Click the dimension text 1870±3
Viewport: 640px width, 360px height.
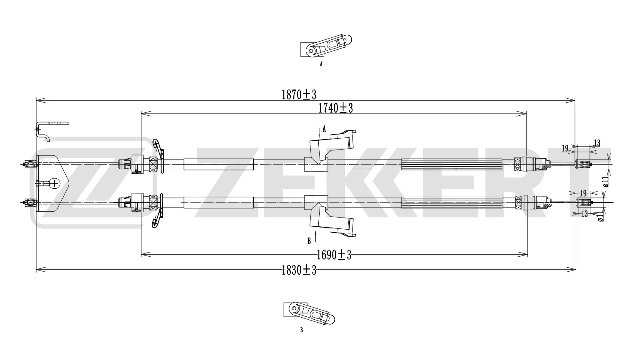[x=299, y=95]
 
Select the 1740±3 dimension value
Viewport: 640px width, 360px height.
[x=335, y=108]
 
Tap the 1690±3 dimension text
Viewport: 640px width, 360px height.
[x=334, y=255]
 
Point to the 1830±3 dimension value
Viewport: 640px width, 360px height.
[x=299, y=270]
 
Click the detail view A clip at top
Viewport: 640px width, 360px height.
[x=327, y=47]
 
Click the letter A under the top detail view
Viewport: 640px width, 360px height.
[x=321, y=64]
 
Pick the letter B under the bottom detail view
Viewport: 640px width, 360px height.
[x=301, y=330]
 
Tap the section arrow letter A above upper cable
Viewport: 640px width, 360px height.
[x=324, y=129]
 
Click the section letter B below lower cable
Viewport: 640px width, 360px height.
[x=309, y=241]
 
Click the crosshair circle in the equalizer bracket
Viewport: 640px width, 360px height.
[x=54, y=183]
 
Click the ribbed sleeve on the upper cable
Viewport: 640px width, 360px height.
[x=452, y=164]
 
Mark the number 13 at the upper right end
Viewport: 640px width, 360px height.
[x=597, y=143]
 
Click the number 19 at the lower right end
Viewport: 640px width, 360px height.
[x=583, y=193]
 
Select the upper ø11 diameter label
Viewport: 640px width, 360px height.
[x=605, y=181]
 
